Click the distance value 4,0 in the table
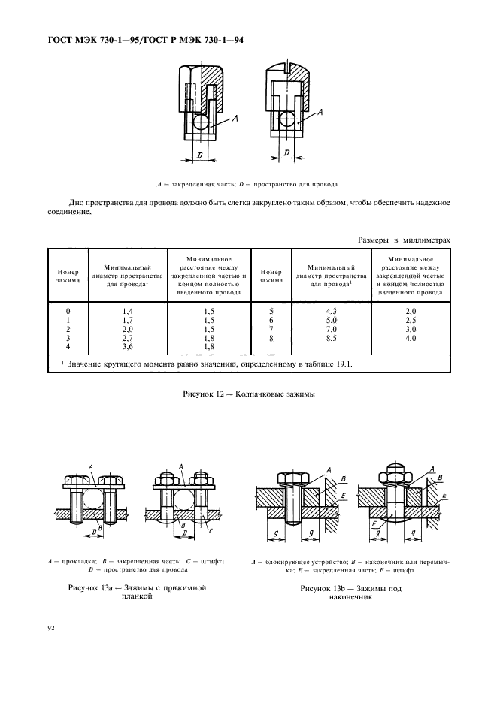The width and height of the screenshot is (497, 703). point(411,339)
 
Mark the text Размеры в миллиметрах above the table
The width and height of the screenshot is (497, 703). point(404,240)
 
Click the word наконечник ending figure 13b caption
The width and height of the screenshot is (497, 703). point(351,598)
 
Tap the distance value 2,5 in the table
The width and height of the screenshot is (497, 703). point(411,320)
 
